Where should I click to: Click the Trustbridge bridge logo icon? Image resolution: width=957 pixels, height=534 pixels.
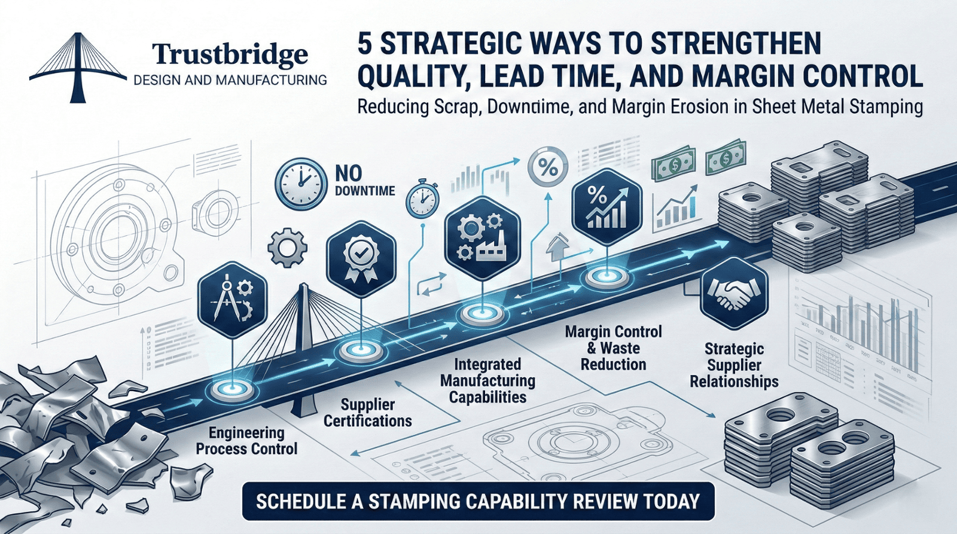(77, 67)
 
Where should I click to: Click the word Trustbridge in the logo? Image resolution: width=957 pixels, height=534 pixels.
(230, 54)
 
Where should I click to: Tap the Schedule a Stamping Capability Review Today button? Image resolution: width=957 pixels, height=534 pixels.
(478, 501)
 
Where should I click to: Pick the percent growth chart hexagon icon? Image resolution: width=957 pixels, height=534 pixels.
(606, 206)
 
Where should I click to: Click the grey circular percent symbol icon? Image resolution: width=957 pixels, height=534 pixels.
(547, 168)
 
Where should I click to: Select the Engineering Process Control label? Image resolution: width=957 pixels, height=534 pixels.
(246, 441)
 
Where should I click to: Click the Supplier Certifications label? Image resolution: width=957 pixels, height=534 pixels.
(367, 413)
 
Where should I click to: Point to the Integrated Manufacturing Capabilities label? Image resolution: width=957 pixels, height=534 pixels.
(487, 380)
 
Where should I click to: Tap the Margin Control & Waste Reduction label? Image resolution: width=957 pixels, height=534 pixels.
(614, 348)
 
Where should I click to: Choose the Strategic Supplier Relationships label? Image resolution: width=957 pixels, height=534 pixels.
(734, 365)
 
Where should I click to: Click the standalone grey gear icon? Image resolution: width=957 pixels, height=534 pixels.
(287, 247)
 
